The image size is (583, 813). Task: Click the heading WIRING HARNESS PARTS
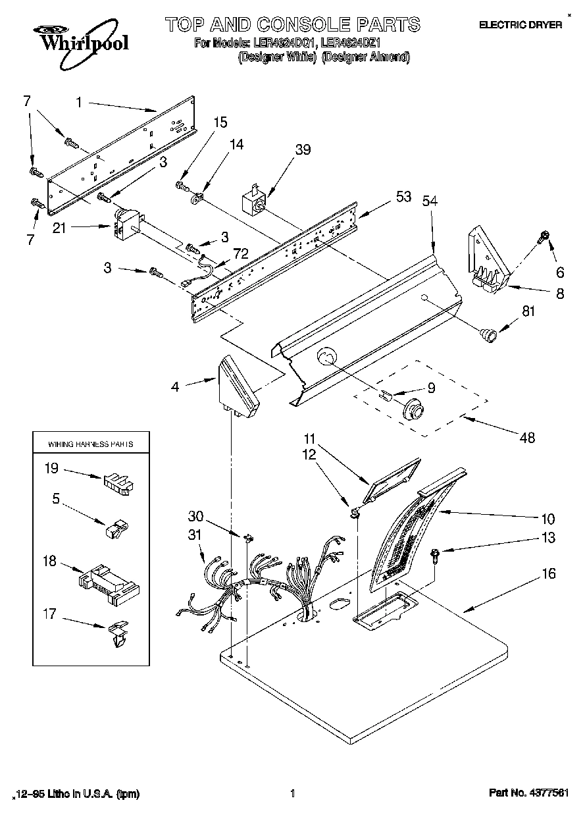click(91, 444)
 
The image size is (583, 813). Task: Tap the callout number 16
click(547, 574)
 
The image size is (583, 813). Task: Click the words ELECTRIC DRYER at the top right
click(520, 25)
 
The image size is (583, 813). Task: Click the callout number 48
click(526, 437)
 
